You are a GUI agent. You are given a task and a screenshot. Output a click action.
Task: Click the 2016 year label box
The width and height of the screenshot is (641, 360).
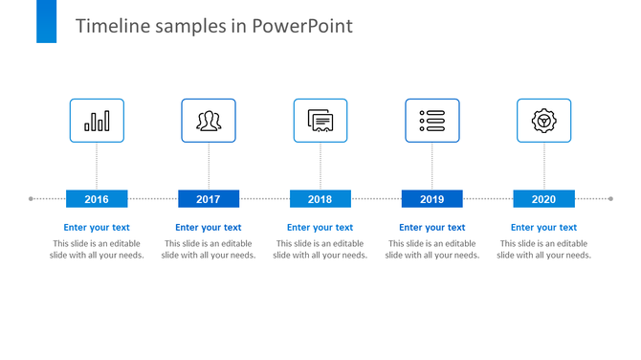pyautogui.click(x=97, y=199)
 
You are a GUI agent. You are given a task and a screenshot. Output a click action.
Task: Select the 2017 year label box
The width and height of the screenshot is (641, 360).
pyautogui.click(x=209, y=199)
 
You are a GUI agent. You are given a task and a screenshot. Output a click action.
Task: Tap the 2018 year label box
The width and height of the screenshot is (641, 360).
pyautogui.click(x=320, y=199)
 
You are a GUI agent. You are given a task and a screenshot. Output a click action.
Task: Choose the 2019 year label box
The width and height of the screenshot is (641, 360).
pyautogui.click(x=431, y=199)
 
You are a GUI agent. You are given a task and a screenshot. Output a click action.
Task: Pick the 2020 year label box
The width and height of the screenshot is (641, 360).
pyautogui.click(x=543, y=199)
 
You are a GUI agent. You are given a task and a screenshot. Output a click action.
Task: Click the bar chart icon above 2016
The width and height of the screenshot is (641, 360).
pyautogui.click(x=97, y=121)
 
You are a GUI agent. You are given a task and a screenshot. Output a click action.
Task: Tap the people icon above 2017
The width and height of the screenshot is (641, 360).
pyautogui.click(x=209, y=121)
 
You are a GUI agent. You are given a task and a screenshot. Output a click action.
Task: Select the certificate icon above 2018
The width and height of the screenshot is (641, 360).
pyautogui.click(x=320, y=121)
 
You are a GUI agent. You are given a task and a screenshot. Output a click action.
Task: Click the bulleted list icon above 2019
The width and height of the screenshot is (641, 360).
pyautogui.click(x=431, y=121)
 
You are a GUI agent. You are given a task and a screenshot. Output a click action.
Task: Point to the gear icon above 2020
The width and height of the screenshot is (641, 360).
pyautogui.click(x=543, y=121)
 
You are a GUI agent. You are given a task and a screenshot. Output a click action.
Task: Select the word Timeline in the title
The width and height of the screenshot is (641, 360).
pyautogui.click(x=109, y=26)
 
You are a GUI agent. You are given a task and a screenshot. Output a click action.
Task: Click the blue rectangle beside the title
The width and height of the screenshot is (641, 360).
pyautogui.click(x=47, y=21)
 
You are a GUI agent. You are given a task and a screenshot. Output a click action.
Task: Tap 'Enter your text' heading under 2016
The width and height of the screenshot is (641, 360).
pyautogui.click(x=97, y=228)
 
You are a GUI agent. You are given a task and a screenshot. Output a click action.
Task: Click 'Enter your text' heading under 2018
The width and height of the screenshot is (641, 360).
pyautogui.click(x=320, y=228)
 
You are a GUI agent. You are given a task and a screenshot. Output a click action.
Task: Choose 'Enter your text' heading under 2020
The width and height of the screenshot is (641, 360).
pyautogui.click(x=543, y=228)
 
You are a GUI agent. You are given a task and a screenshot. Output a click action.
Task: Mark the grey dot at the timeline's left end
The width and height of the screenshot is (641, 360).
pyautogui.click(x=32, y=199)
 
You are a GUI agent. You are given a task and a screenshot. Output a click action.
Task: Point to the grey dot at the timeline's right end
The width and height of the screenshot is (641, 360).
pyautogui.click(x=610, y=199)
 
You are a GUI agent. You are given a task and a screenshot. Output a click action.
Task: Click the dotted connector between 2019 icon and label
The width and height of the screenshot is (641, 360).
pyautogui.click(x=431, y=167)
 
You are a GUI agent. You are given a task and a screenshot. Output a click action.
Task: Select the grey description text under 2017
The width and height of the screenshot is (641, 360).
pyautogui.click(x=209, y=250)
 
